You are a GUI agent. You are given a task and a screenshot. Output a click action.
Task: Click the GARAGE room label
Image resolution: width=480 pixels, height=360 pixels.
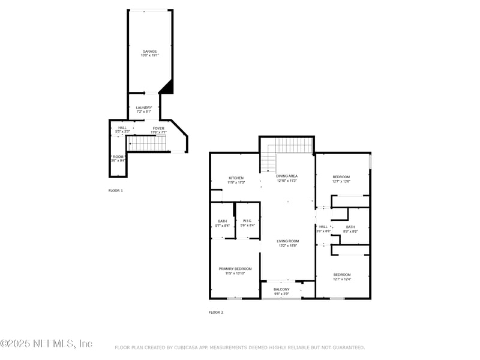click(149, 51)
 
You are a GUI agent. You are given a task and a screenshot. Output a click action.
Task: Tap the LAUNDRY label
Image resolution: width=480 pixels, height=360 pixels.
click(143, 107)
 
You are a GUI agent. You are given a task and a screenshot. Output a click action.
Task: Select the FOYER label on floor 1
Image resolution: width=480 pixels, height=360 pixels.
click(158, 128)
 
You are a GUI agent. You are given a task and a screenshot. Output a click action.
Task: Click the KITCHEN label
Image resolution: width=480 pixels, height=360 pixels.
click(236, 178)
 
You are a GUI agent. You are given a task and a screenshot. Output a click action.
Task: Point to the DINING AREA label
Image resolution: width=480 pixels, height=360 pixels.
click(287, 176)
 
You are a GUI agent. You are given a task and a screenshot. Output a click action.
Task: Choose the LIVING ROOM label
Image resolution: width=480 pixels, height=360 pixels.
click(287, 241)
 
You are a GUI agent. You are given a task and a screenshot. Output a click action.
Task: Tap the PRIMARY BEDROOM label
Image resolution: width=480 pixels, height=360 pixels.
click(235, 268)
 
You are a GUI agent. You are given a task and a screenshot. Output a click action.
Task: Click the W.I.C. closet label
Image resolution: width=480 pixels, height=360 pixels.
click(247, 221)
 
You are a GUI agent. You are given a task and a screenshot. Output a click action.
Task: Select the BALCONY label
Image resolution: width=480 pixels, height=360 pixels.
click(282, 289)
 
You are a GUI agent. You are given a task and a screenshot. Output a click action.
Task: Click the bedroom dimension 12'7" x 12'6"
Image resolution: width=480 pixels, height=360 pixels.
click(341, 182)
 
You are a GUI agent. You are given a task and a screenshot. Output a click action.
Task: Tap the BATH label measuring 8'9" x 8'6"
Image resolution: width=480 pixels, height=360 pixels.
click(350, 227)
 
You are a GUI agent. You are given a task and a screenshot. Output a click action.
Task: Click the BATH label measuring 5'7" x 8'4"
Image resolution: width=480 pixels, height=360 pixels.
click(223, 221)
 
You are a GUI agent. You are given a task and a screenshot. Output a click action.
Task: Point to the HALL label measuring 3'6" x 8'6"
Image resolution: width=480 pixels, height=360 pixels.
click(323, 227)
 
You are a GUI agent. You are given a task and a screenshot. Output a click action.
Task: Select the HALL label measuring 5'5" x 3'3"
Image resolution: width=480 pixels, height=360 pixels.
click(122, 128)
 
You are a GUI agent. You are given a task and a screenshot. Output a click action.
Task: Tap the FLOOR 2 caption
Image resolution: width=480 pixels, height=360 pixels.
click(216, 312)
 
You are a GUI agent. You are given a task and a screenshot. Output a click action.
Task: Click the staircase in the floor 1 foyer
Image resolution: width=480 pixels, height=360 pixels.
click(148, 143)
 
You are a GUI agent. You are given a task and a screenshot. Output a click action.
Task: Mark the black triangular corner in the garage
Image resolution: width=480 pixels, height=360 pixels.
click(167, 88)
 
